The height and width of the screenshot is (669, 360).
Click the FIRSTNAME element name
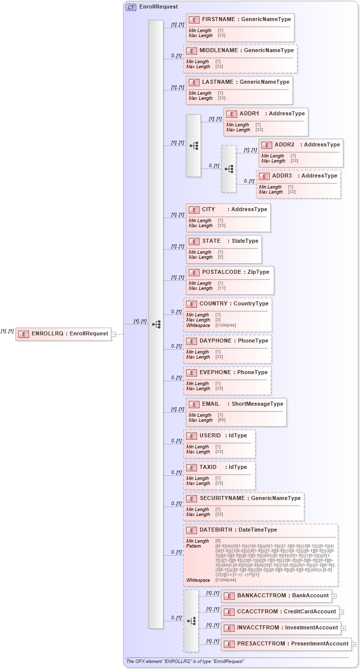(218, 19)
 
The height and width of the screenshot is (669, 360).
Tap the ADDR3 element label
(282, 176)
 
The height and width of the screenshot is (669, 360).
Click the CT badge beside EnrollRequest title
(131, 7)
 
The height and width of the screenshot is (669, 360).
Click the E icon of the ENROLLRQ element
(24, 333)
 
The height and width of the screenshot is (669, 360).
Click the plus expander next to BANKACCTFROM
(334, 596)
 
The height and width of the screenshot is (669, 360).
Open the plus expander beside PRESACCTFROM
(354, 644)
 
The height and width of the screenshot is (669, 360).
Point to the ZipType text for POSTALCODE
(258, 272)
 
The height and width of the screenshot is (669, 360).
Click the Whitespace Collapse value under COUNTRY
(225, 325)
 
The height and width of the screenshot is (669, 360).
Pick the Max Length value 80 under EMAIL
(221, 420)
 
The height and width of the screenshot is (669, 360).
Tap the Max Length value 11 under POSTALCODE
(221, 288)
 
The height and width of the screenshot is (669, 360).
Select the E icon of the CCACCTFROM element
(229, 612)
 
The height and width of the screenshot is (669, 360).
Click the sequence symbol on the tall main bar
(156, 324)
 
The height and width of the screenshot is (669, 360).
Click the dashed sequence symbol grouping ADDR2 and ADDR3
(229, 169)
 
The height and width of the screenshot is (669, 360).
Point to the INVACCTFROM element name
(260, 627)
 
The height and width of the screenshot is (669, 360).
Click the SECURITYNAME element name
(222, 498)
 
